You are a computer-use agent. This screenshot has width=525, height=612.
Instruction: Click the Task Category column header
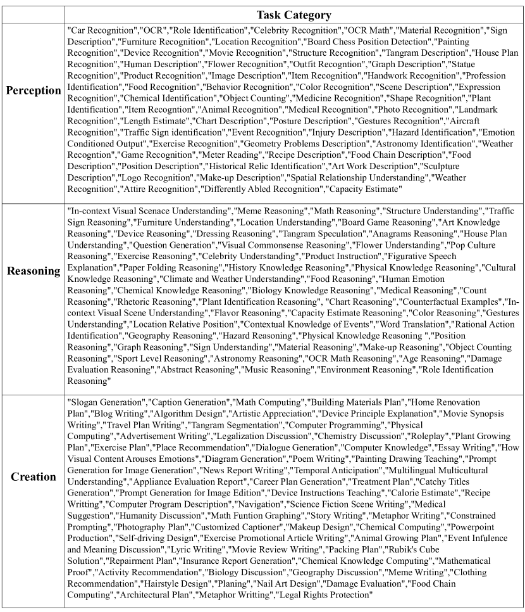click(x=293, y=15)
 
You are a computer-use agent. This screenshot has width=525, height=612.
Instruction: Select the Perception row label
click(x=34, y=91)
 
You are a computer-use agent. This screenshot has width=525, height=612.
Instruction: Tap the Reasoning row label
click(x=34, y=271)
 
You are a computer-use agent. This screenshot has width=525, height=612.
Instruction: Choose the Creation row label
click(x=34, y=476)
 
